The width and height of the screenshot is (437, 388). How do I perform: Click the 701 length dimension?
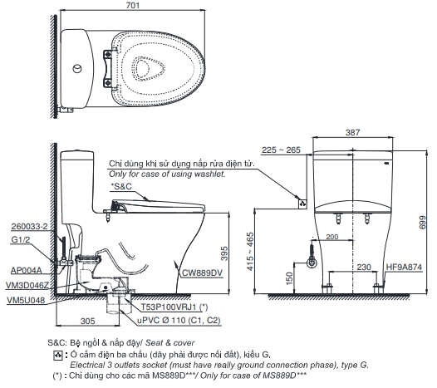tap(133, 5)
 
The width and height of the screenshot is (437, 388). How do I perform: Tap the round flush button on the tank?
tap(77, 69)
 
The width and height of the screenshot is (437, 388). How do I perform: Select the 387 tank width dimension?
tap(352, 132)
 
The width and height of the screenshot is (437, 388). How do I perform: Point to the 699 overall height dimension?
tap(423, 222)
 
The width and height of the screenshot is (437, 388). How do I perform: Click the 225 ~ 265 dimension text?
tap(281, 150)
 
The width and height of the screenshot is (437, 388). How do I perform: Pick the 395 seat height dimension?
tap(224, 253)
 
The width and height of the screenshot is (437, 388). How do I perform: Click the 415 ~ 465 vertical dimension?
tap(250, 252)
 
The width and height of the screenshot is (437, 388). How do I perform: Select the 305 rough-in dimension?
tap(88, 321)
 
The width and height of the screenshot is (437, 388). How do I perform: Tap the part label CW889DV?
tap(203, 273)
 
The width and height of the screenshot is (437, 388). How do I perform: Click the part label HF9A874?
tap(404, 267)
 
